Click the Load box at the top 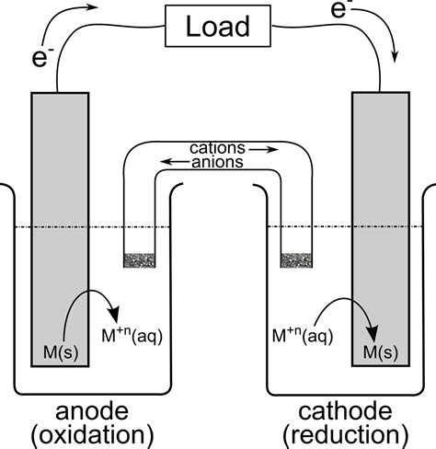point(218,28)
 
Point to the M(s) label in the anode point(61,352)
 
